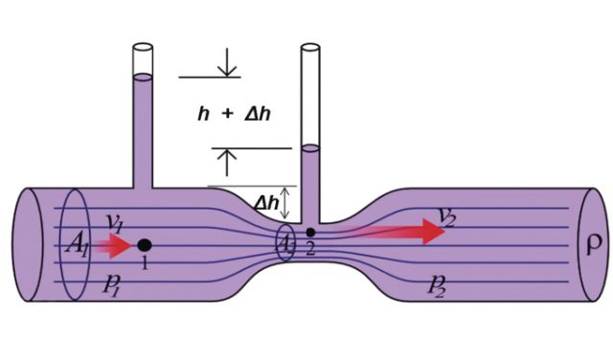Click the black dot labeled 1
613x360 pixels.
(144, 245)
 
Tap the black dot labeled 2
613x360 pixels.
(310, 232)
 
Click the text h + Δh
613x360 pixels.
(234, 113)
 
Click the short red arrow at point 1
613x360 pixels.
(115, 246)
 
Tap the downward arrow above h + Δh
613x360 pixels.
(228, 66)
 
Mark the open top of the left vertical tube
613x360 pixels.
(143, 47)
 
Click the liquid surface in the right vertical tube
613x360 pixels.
(310, 148)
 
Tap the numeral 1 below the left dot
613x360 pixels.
(145, 263)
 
